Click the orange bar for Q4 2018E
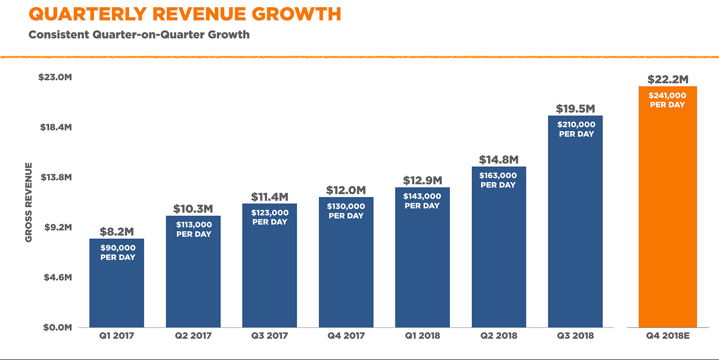coord(668,216)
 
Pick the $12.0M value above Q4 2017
coord(346,190)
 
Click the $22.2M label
coord(668,80)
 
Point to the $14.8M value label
coord(499,160)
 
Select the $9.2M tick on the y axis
coord(58,227)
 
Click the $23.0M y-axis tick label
coord(55,77)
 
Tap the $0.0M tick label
coord(58,327)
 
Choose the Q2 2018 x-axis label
coord(499,336)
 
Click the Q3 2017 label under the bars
coord(270,336)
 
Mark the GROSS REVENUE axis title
coord(29,202)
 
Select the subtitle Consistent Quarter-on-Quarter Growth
coord(139,35)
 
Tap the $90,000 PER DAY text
coord(118,252)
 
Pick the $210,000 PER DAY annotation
coord(576,129)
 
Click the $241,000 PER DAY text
coord(667,100)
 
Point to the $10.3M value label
coord(193,209)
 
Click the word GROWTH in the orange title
coord(296,14)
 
